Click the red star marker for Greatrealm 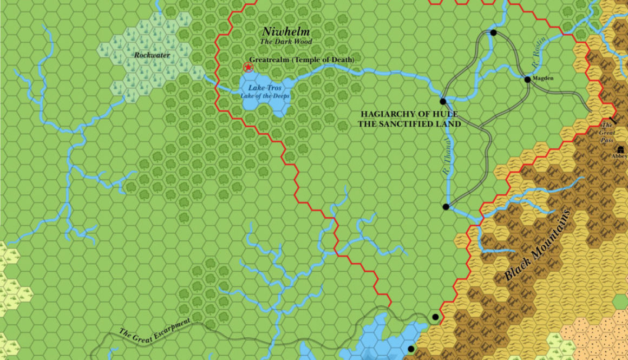click(x=248, y=67)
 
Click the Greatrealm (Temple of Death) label click(x=301, y=60)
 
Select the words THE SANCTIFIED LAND click(x=409, y=123)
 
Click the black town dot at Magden click(x=527, y=80)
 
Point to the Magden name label click(x=542, y=78)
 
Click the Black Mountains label click(x=538, y=245)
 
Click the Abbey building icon click(x=618, y=149)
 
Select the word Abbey click(x=619, y=156)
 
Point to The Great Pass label click(x=607, y=132)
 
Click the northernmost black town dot click(x=493, y=33)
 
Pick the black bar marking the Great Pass click(x=612, y=120)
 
